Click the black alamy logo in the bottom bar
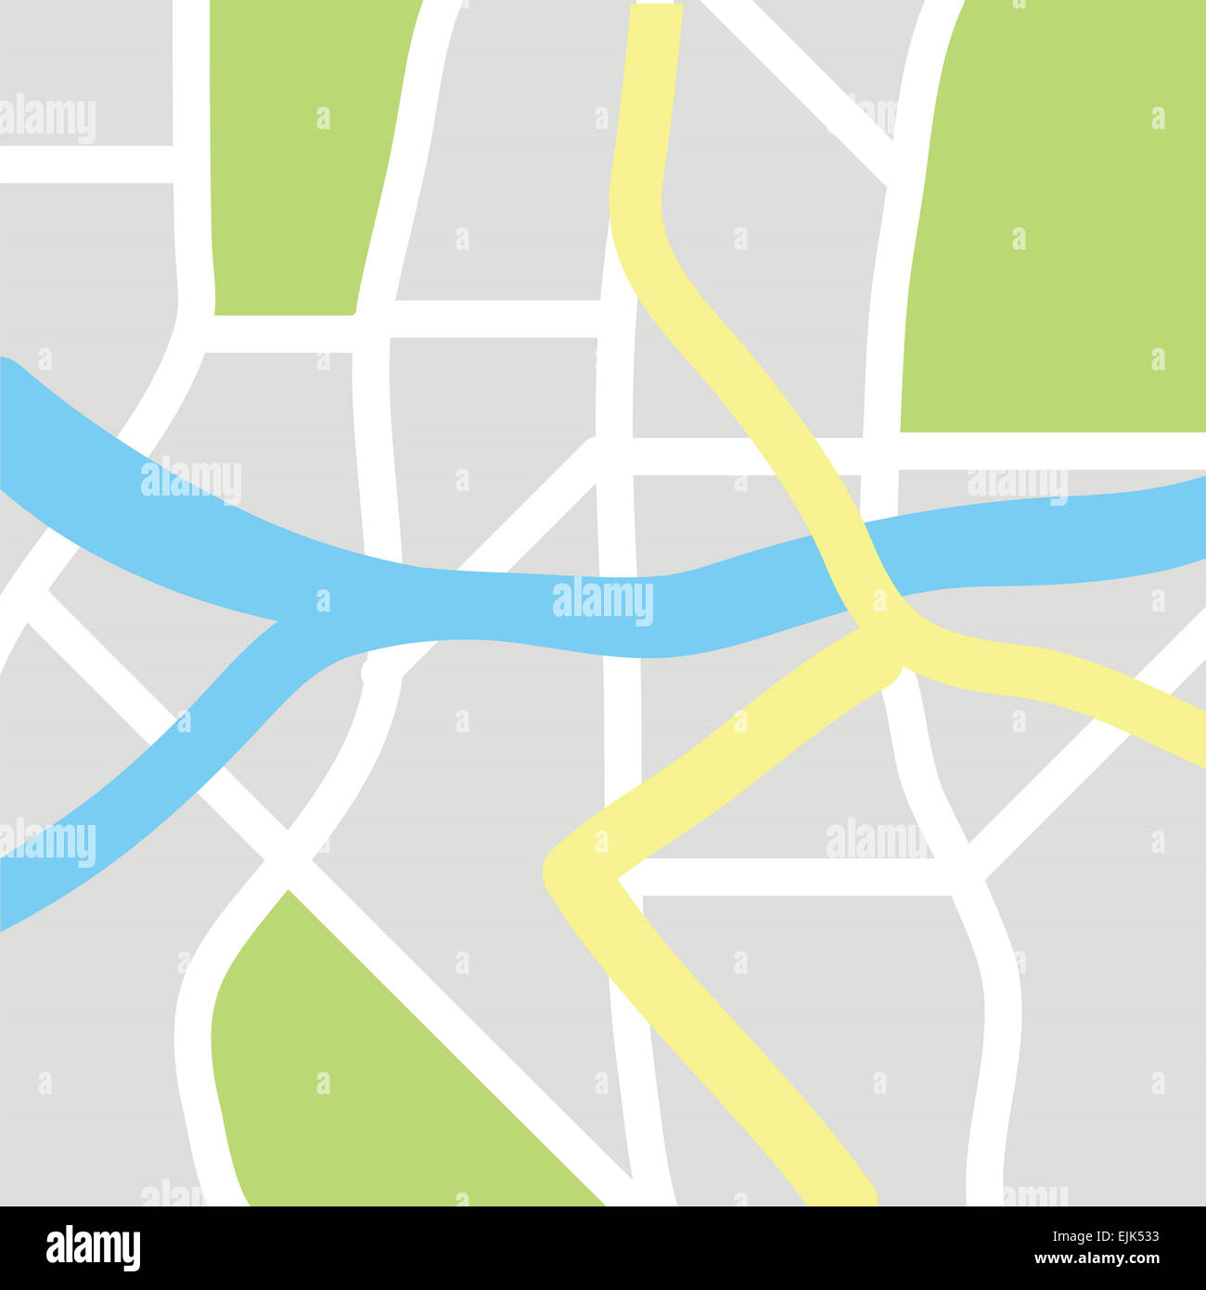click(x=93, y=1248)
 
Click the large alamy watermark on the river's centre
click(x=603, y=601)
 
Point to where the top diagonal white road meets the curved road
click(x=895, y=162)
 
